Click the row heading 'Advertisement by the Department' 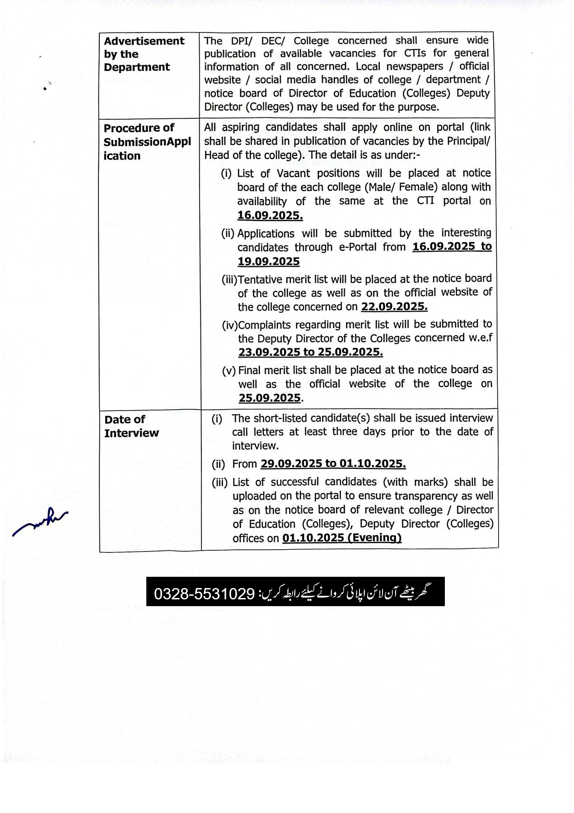(x=144, y=54)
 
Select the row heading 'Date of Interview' (x=131, y=426)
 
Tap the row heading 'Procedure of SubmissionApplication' (x=147, y=142)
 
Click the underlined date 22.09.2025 (x=394, y=307)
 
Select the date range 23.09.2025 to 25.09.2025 (x=310, y=352)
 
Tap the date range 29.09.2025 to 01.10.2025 (x=332, y=464)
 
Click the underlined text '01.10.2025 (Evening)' (x=341, y=538)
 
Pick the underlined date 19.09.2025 (x=268, y=262)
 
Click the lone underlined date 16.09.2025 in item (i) (x=270, y=215)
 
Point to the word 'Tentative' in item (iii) (x=259, y=280)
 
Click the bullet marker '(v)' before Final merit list (x=229, y=371)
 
